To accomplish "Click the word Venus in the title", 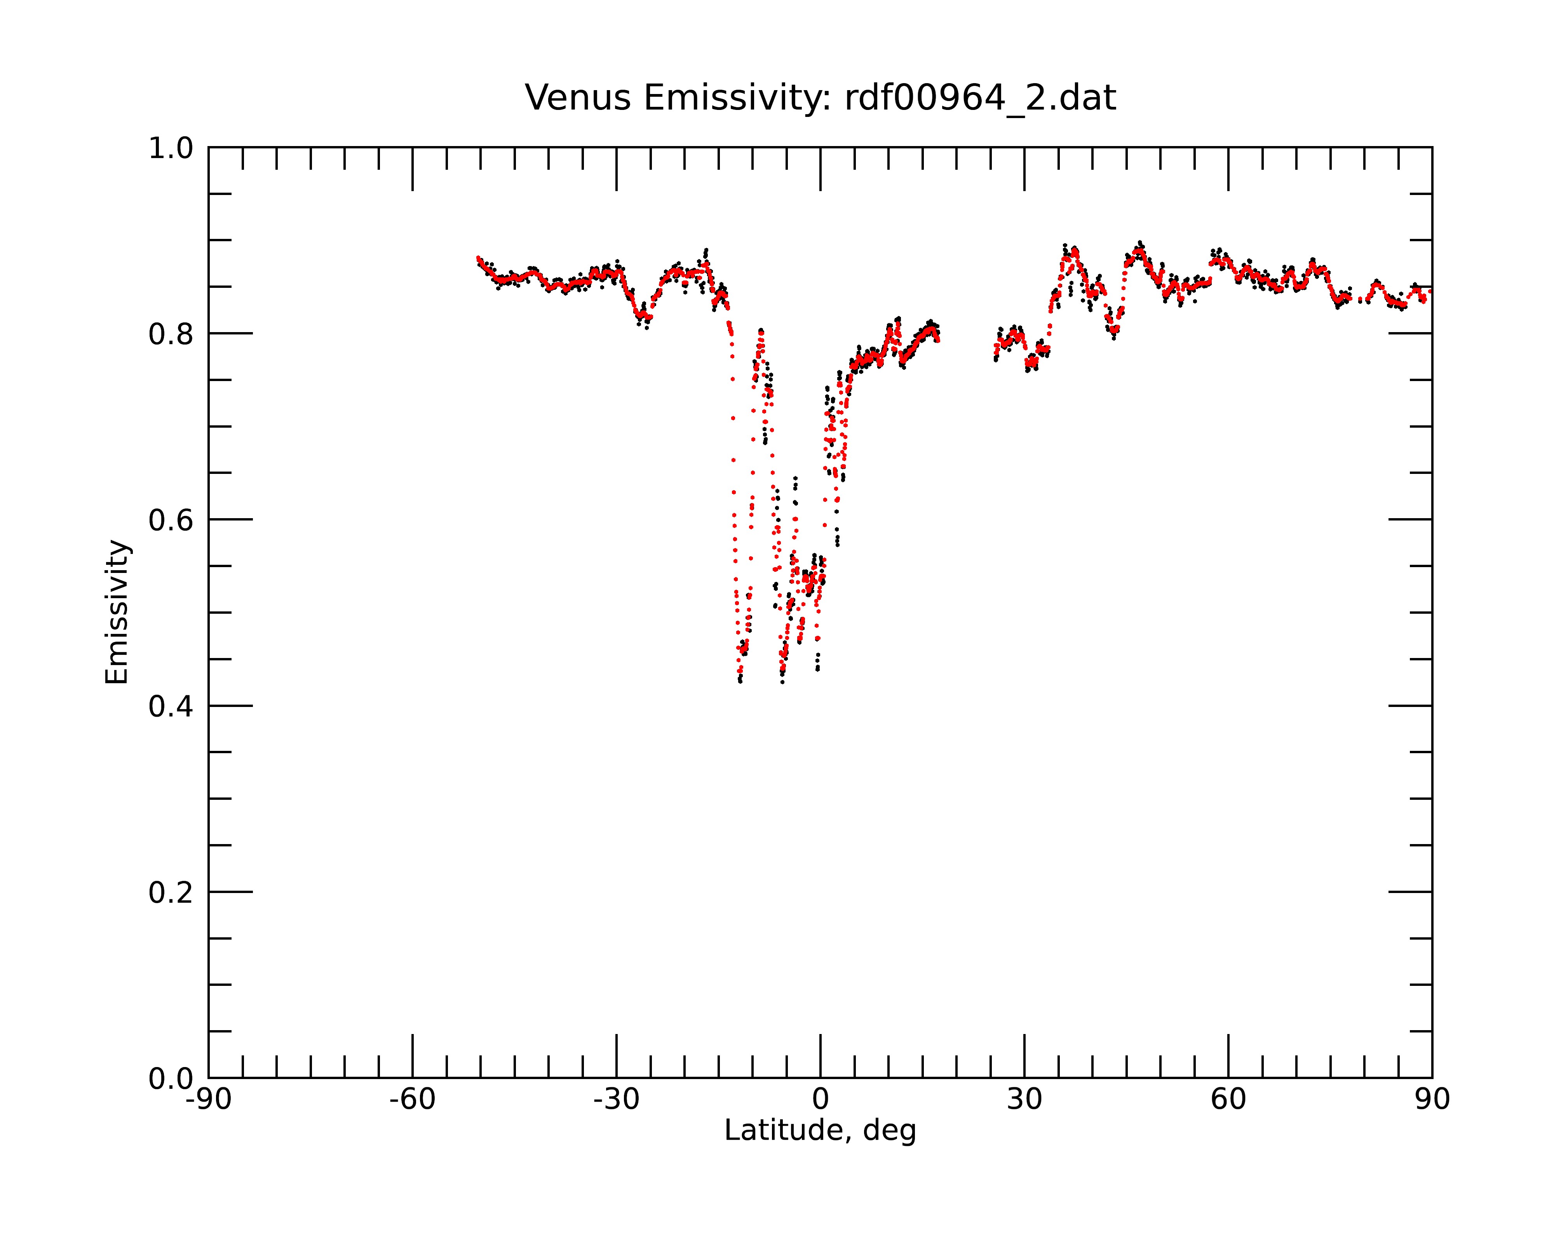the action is (x=578, y=98).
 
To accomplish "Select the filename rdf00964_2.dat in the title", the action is (x=980, y=98).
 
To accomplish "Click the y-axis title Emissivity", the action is (x=117, y=612).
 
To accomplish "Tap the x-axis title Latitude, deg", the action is (x=820, y=1130).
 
